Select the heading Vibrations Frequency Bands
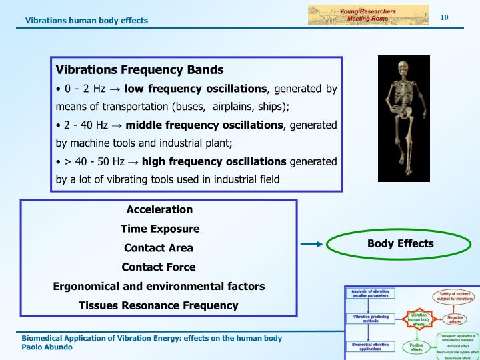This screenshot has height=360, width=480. (x=139, y=70)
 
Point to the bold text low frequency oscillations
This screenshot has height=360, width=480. (x=196, y=89)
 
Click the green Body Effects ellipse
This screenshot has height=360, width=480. (x=400, y=244)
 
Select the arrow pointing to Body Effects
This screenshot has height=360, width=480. (x=311, y=245)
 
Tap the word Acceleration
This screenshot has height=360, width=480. (x=159, y=209)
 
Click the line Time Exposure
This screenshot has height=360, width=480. (x=159, y=229)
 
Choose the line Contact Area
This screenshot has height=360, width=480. (x=159, y=248)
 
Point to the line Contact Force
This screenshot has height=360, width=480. (x=159, y=267)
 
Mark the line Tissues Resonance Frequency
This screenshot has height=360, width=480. (x=159, y=305)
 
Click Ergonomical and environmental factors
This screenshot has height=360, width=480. (x=159, y=286)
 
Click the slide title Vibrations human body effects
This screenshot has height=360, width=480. (x=87, y=20)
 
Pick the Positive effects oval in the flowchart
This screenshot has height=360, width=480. (x=417, y=347)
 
